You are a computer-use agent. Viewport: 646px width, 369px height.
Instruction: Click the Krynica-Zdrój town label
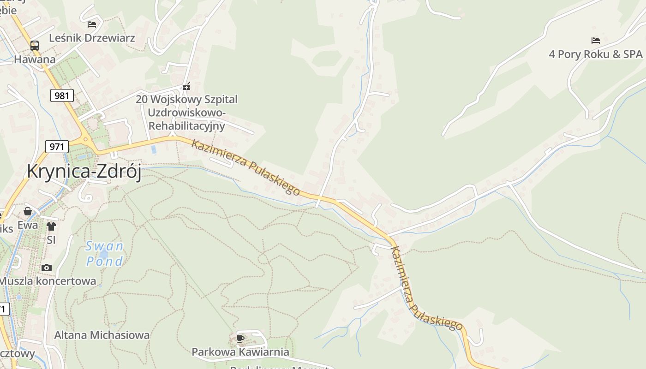(84, 171)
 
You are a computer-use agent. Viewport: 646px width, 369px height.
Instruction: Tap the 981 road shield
(61, 95)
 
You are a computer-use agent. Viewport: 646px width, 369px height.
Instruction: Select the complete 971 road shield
(57, 147)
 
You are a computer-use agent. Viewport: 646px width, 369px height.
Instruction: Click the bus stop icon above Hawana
(35, 45)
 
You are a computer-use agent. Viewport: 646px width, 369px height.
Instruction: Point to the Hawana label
(35, 60)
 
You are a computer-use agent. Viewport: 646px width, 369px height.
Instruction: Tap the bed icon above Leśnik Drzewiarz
(92, 24)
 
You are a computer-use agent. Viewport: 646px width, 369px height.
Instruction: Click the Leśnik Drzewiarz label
(92, 38)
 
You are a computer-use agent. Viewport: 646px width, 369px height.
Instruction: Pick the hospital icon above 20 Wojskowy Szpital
(186, 86)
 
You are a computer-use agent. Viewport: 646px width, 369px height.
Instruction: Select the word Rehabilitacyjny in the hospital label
(186, 126)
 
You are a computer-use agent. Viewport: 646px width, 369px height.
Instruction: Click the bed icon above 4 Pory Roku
(595, 41)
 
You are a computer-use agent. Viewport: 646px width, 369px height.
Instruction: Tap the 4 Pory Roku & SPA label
(595, 54)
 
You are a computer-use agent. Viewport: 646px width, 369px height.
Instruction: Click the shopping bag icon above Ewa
(28, 211)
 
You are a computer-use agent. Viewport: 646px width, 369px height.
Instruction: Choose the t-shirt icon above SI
(51, 226)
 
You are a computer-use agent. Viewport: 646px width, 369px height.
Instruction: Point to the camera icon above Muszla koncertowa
(46, 268)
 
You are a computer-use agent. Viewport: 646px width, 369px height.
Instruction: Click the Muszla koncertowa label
(48, 281)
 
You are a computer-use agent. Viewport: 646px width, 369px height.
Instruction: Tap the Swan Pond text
(105, 254)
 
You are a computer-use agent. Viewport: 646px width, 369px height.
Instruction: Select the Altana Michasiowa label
(102, 335)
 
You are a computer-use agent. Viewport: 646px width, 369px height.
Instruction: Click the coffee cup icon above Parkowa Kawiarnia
(240, 339)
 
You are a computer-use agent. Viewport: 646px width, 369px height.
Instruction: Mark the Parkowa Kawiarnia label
(240, 352)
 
